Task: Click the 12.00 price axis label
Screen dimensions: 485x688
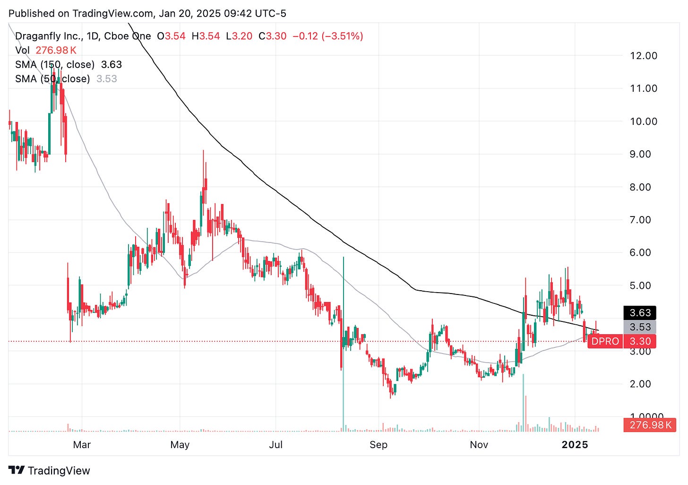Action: coord(644,56)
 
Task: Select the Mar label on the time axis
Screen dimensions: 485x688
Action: coord(82,445)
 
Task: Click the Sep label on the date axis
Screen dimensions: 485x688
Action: coord(378,445)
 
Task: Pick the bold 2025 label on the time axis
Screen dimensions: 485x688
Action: coord(575,445)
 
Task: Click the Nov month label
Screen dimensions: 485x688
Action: coord(479,445)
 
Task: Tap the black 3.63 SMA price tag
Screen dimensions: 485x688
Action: coord(640,313)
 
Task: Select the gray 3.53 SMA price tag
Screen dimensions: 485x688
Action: coord(640,327)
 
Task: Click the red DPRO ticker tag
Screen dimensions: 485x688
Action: coord(605,341)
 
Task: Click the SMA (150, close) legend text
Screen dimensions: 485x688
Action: coord(54,65)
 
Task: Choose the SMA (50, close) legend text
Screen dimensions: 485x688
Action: coord(52,79)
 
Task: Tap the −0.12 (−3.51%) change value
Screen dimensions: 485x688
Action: coord(328,36)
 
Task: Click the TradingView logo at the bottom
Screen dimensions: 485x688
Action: coord(50,471)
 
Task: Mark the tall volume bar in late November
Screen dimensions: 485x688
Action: coord(524,402)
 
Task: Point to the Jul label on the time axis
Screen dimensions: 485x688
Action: coord(275,445)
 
